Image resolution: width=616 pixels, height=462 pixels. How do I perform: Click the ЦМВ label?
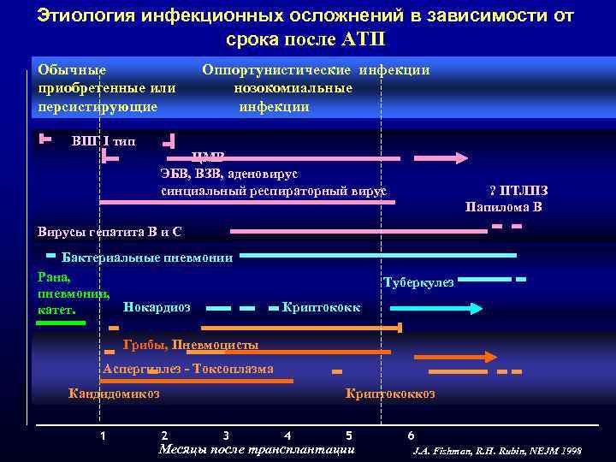209,157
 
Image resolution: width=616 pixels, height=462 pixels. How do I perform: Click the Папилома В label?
504,206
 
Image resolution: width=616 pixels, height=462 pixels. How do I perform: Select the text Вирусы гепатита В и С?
110,231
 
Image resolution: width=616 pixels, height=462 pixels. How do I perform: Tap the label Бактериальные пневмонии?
146,258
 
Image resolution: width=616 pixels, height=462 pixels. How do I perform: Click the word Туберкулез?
418,282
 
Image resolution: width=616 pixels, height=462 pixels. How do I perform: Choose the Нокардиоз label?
157,306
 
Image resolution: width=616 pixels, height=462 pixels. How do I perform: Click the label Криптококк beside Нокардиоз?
321,306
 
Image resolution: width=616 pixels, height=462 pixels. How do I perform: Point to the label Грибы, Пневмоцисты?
191,345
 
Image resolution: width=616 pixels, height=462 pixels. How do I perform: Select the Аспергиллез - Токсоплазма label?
188,369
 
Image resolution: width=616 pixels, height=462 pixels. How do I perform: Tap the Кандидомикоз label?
113,394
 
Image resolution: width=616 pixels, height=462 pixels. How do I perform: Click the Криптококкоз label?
389,394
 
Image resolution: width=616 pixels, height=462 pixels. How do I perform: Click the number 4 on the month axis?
287,435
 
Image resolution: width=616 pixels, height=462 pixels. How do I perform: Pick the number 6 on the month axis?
412,435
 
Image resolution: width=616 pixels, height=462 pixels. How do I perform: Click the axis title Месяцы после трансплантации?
257,449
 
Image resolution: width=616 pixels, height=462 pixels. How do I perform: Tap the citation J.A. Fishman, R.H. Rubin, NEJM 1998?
496,450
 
